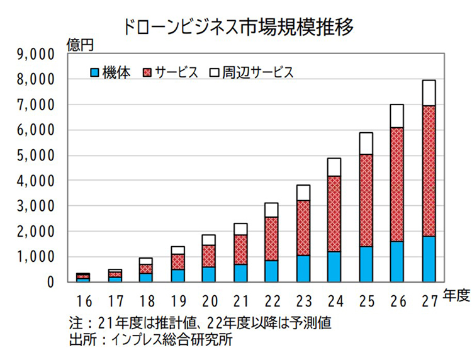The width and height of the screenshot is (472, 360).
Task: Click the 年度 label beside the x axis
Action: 454,294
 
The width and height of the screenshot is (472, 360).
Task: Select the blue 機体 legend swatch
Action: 95,72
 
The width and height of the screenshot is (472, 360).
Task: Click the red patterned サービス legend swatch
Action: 149,72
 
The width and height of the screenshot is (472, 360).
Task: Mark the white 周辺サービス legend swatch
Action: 215,72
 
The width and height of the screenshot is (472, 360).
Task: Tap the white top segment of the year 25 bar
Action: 366,143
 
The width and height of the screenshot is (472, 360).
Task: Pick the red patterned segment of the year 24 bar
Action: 334,214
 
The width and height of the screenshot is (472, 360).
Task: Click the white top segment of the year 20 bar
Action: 209,240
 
